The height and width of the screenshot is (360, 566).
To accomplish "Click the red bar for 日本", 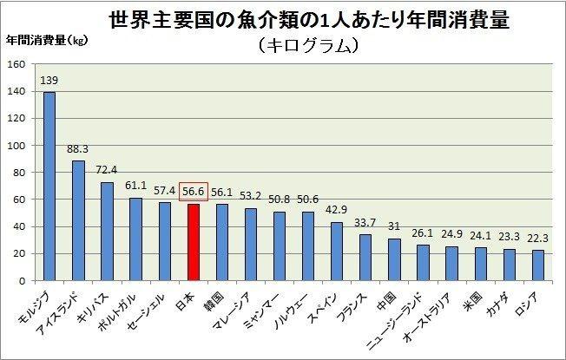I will (194, 243).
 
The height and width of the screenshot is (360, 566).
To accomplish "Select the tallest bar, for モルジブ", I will (49, 187).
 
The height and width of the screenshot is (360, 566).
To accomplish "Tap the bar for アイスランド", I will (78, 220).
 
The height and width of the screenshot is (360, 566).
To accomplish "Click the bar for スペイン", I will (337, 252).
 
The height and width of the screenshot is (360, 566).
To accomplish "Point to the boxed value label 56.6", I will (194, 193).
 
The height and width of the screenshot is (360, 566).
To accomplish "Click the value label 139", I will (49, 81).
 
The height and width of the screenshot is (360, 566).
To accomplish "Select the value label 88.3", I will (78, 149).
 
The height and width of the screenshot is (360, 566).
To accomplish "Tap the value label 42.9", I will (337, 211).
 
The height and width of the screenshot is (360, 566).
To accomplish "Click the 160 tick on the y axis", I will (15, 64).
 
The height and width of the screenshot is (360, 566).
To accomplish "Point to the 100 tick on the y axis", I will (15, 146).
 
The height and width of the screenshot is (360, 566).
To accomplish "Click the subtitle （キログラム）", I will (307, 45).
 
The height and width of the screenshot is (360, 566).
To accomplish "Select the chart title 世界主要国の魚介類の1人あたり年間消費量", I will (307, 18).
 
